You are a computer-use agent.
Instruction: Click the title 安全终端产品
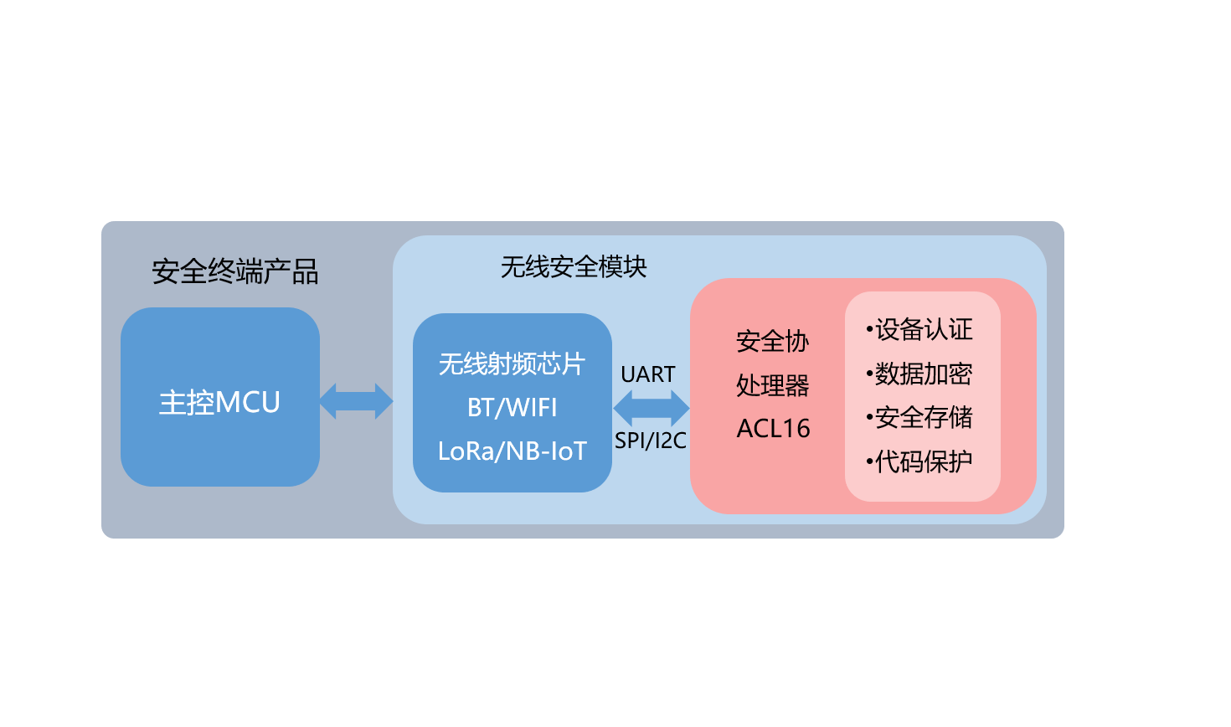click(x=235, y=271)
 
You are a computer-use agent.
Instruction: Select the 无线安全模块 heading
click(x=574, y=267)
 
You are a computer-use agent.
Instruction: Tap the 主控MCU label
click(x=219, y=403)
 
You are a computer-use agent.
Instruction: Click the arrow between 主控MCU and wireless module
click(x=356, y=401)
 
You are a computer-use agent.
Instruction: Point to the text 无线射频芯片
click(x=512, y=363)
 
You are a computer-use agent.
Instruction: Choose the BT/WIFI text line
click(x=512, y=408)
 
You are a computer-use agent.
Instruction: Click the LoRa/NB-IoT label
click(x=512, y=451)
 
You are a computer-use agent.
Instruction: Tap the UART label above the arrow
click(x=648, y=374)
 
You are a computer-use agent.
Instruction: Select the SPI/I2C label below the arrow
click(x=650, y=441)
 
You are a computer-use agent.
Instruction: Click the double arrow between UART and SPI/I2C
click(x=651, y=409)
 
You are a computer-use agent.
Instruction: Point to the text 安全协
click(x=772, y=341)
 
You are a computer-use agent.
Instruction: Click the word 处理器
click(x=772, y=385)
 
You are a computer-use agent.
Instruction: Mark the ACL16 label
click(x=773, y=429)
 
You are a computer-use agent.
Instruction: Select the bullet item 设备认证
click(x=924, y=329)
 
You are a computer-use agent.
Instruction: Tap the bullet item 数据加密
click(x=924, y=374)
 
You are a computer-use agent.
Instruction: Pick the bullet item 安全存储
click(x=924, y=417)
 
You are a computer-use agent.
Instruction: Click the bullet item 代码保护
click(x=924, y=461)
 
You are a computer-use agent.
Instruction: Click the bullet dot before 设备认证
click(x=869, y=329)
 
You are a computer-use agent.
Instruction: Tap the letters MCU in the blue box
click(x=248, y=403)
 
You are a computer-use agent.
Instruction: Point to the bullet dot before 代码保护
click(x=869, y=461)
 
